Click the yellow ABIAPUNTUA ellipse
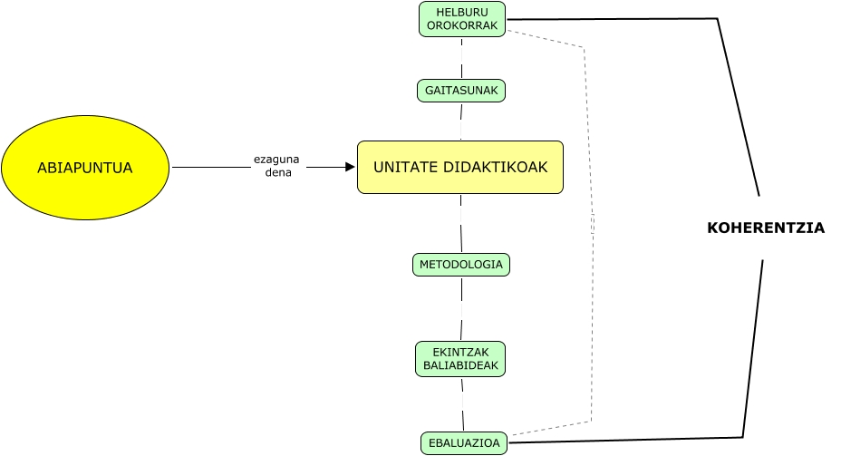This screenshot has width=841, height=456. pyautogui.click(x=85, y=168)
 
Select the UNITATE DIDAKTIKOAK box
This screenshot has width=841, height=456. pyautogui.click(x=460, y=168)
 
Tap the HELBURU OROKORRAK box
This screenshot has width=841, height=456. pyautogui.click(x=462, y=19)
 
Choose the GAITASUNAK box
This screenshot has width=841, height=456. pyautogui.click(x=461, y=91)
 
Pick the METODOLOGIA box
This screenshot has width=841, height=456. pyautogui.click(x=461, y=265)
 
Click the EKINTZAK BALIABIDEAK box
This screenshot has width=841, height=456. pyautogui.click(x=460, y=359)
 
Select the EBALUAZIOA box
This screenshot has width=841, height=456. pyautogui.click(x=464, y=443)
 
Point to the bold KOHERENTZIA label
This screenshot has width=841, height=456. pyautogui.click(x=766, y=228)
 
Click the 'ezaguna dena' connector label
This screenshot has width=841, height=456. pyautogui.click(x=276, y=166)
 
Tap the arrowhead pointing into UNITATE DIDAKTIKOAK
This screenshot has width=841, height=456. pyautogui.click(x=350, y=168)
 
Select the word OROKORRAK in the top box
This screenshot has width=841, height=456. pyautogui.click(x=462, y=25)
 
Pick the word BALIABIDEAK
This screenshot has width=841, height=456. pyautogui.click(x=460, y=365)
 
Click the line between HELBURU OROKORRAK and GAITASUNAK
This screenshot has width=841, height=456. pyautogui.click(x=462, y=58)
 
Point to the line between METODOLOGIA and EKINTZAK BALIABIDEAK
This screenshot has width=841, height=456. pyautogui.click(x=461, y=308)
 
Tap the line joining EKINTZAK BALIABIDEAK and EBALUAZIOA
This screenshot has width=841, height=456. pyautogui.click(x=463, y=404)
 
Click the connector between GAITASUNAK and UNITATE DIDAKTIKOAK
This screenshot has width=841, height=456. pyautogui.click(x=461, y=121)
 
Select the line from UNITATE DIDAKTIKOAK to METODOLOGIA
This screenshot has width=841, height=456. pyautogui.click(x=461, y=223)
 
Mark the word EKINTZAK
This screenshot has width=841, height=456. pyautogui.click(x=460, y=353)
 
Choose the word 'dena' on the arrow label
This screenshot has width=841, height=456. pyautogui.click(x=278, y=173)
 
